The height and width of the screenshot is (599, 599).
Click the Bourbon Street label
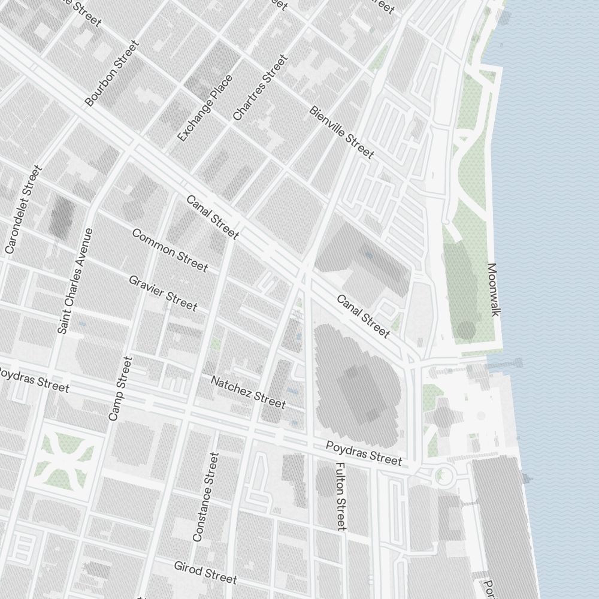pos(112,73)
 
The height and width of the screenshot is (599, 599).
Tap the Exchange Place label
pos(205,108)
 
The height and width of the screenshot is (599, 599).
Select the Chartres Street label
pos(260,87)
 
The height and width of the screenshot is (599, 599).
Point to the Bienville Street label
pos(341,132)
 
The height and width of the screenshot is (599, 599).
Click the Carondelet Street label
pos(23,209)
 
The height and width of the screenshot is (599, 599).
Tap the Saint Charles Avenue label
pos(76,280)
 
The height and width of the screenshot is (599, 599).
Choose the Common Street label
pos(170,250)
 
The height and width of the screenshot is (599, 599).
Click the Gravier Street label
pos(162,293)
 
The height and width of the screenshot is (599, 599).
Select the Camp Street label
pos(120,388)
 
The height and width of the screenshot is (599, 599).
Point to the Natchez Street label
pos(248,391)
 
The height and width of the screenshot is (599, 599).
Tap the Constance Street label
pos(206,497)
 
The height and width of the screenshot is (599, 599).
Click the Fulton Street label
pos(340,496)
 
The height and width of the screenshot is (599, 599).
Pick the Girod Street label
pos(205,572)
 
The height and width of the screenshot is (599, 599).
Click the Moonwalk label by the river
pos(493,289)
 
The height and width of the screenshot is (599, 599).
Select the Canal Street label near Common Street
pos(213,217)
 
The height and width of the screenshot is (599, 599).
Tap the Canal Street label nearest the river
pos(363,316)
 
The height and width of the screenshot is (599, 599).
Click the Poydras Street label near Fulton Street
pos(364,453)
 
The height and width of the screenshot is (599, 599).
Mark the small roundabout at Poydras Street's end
pos(444,476)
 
